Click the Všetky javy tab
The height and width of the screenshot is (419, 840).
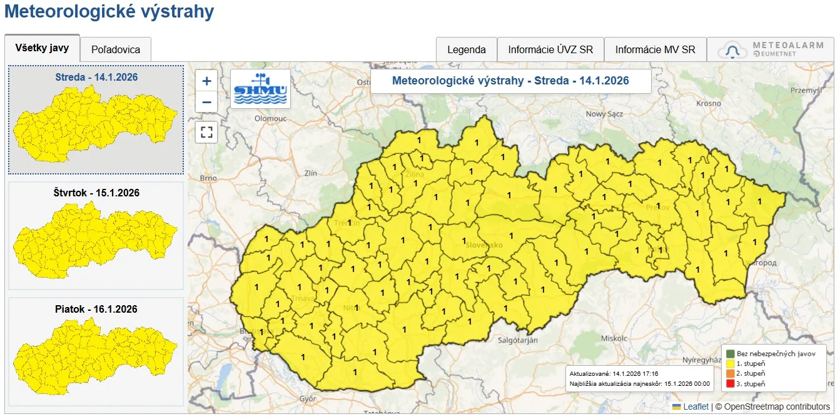(42, 48)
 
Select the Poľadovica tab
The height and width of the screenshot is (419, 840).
(116, 50)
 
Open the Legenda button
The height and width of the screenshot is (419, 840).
(466, 50)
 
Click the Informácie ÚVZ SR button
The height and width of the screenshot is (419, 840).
(550, 50)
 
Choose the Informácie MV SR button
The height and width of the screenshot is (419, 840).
(655, 50)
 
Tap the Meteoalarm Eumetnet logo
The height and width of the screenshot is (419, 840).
(773, 50)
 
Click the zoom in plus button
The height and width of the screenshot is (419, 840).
(206, 81)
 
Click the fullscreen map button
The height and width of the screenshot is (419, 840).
(206, 133)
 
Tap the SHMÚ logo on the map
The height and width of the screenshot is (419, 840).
(260, 89)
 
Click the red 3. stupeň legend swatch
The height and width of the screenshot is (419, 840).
(729, 383)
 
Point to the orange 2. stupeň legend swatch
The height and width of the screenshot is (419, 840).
(729, 373)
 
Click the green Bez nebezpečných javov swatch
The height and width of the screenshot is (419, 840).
(729, 353)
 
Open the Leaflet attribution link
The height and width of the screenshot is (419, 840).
(696, 406)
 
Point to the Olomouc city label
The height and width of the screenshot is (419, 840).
(270, 118)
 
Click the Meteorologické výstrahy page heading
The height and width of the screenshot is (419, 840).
(109, 12)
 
